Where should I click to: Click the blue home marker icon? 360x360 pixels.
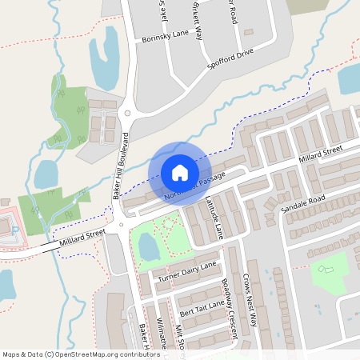click(x=179, y=173)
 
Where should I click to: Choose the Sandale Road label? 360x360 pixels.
click(x=304, y=204)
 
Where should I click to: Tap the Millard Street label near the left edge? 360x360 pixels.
click(x=82, y=238)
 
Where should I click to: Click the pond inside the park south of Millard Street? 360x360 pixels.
click(x=150, y=249)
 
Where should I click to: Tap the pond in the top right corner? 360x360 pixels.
click(x=350, y=79)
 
